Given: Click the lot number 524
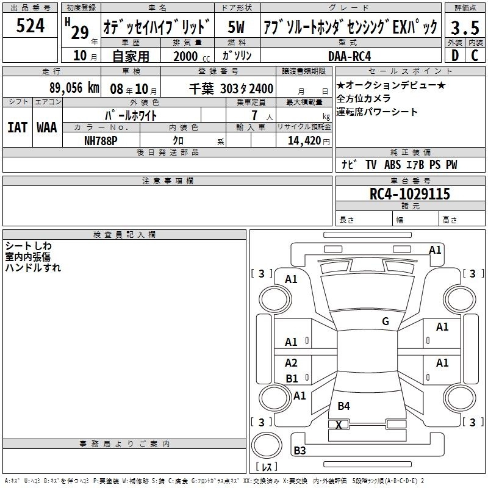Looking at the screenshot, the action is pos(30,26).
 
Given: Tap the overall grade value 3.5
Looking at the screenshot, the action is pos(465,27).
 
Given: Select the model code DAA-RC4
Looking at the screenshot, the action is pos(350,56).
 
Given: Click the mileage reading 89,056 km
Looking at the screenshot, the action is pos(74,88).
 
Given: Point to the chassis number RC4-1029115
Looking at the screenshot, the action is pos(409,194).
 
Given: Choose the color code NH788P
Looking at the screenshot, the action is pos(101,141).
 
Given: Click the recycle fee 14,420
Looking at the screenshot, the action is pos(304,141).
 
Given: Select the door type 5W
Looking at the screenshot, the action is pos(236,27).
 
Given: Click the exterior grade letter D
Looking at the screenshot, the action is pos(455,56).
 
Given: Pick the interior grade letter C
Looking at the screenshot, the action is pos(475,56).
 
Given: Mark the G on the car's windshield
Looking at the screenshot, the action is pos(386,321).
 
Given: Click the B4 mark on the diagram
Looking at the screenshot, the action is pos(343,406).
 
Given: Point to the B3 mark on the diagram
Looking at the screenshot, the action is pos(300,450).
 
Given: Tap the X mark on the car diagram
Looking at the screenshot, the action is pos(339,425).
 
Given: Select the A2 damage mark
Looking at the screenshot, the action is pos(291,362).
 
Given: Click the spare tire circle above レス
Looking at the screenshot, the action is pos(267,445).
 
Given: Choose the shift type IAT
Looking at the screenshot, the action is pos(18,127).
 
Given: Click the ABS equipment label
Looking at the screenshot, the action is pos(392,165).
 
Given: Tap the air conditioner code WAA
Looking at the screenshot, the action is pos(47,127).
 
